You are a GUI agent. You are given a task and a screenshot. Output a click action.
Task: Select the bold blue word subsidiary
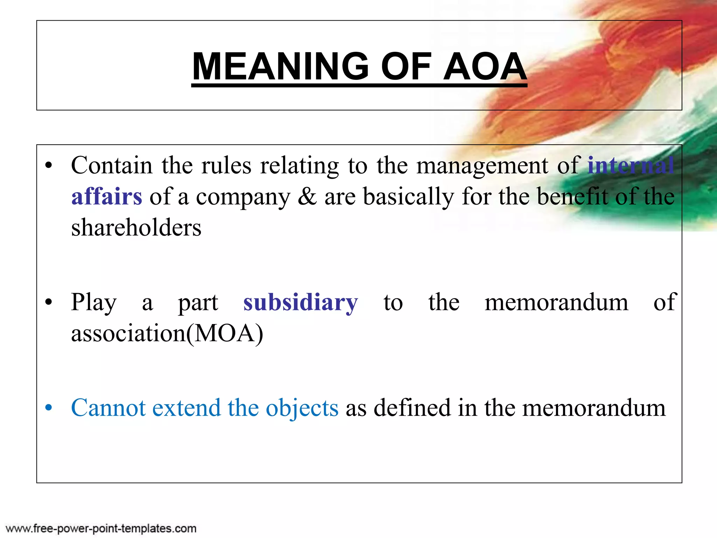[x=300, y=302]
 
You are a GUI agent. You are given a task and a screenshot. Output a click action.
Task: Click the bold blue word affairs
[x=107, y=196]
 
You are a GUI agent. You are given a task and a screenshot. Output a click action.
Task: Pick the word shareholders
[x=136, y=228]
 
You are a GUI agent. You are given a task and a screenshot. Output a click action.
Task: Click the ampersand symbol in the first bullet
[x=307, y=196]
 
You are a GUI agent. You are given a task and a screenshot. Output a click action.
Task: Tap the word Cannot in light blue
[x=108, y=408]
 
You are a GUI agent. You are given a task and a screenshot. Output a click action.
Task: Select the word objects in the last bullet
[x=302, y=408]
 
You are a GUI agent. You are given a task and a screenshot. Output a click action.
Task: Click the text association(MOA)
[x=167, y=333]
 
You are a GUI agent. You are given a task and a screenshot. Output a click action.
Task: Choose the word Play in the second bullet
[x=93, y=302]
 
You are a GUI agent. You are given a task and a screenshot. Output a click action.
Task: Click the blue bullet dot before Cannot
[x=49, y=408]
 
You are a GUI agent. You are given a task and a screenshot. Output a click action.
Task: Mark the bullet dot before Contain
[x=49, y=166]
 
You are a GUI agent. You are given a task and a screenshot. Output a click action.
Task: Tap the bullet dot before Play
[x=49, y=302]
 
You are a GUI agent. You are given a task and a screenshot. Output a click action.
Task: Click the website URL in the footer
[x=101, y=528]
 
